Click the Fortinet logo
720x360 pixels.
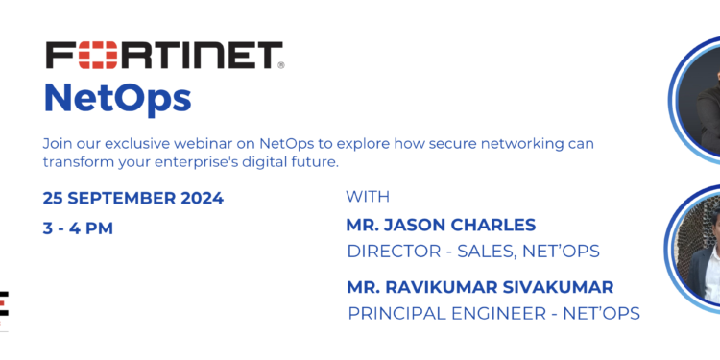click(164, 55)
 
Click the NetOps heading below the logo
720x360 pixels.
click(117, 97)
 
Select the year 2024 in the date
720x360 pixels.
click(199, 199)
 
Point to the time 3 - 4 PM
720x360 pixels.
click(78, 228)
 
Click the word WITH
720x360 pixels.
click(368, 198)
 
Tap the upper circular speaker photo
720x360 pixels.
click(699, 101)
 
